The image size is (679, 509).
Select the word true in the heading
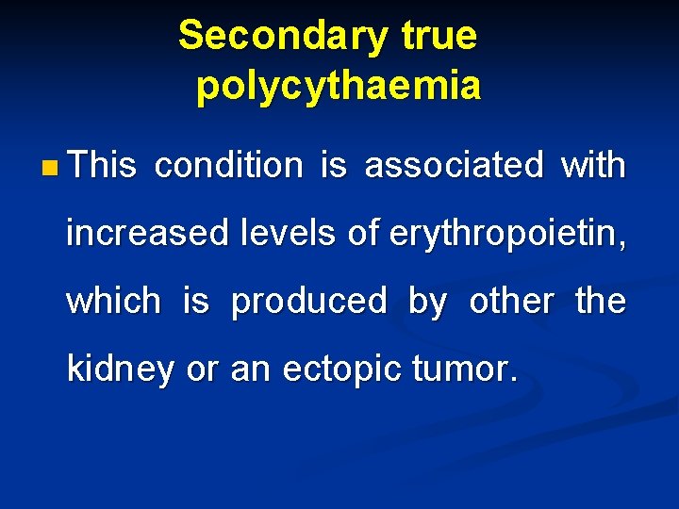pos(439,37)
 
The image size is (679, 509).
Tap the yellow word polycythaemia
pos(339,86)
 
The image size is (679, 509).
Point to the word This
pos(103,166)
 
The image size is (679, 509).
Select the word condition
pos(228,166)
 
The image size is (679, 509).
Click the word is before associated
pos(334,166)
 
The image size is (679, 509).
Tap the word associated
pos(454,166)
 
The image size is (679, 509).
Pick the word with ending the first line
pos(593,166)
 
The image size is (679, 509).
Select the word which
pos(113,302)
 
